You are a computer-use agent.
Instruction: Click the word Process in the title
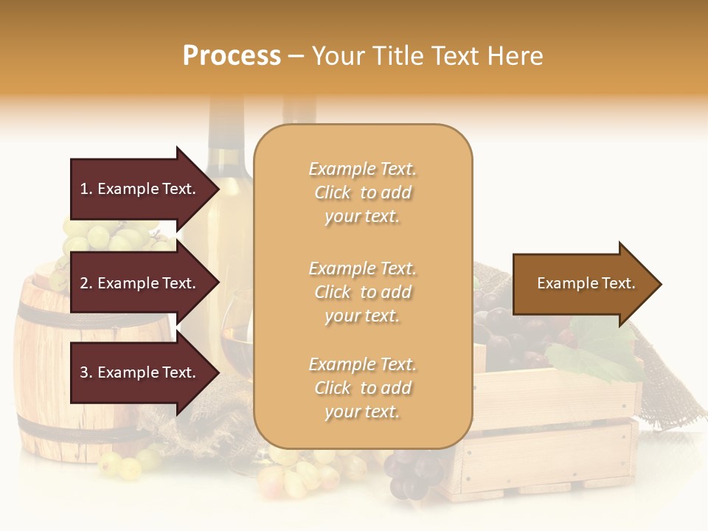click(232, 56)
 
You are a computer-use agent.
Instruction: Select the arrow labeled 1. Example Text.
click(140, 189)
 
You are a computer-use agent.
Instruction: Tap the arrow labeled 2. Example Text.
click(140, 283)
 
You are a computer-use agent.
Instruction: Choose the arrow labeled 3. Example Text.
click(140, 372)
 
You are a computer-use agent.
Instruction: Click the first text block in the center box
click(362, 192)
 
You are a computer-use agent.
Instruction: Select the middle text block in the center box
click(362, 292)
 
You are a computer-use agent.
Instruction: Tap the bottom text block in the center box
click(362, 388)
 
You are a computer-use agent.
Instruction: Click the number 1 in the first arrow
click(83, 189)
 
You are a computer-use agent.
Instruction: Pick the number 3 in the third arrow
click(84, 372)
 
